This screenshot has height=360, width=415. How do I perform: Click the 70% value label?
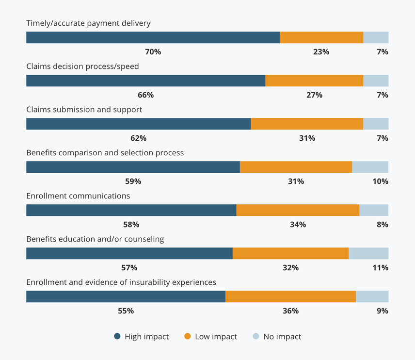point(153,52)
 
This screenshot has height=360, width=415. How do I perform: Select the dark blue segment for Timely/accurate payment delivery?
point(153,37)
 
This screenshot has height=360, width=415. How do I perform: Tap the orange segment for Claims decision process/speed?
point(314,81)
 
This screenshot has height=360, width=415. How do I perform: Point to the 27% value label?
point(314,95)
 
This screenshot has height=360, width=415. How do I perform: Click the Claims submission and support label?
point(84,110)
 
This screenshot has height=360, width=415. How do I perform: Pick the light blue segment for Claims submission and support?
point(376,124)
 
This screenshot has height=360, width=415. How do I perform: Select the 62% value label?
point(138,138)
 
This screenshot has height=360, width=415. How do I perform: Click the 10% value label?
point(381,181)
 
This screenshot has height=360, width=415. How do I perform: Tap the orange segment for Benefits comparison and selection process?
point(296,167)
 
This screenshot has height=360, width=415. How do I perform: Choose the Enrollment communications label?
point(78,196)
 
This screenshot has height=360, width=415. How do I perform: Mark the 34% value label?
point(298,225)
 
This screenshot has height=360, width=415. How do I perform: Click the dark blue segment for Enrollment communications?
point(131,210)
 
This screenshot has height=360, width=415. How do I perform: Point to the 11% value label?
point(381,268)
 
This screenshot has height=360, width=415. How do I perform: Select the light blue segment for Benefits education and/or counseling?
point(368,253)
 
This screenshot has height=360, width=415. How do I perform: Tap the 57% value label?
point(129,268)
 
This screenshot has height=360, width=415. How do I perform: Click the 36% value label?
point(290,311)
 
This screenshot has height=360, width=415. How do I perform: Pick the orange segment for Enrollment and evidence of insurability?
point(290,296)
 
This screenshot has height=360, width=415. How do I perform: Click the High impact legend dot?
point(117,336)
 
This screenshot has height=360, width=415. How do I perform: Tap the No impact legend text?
point(282,336)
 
